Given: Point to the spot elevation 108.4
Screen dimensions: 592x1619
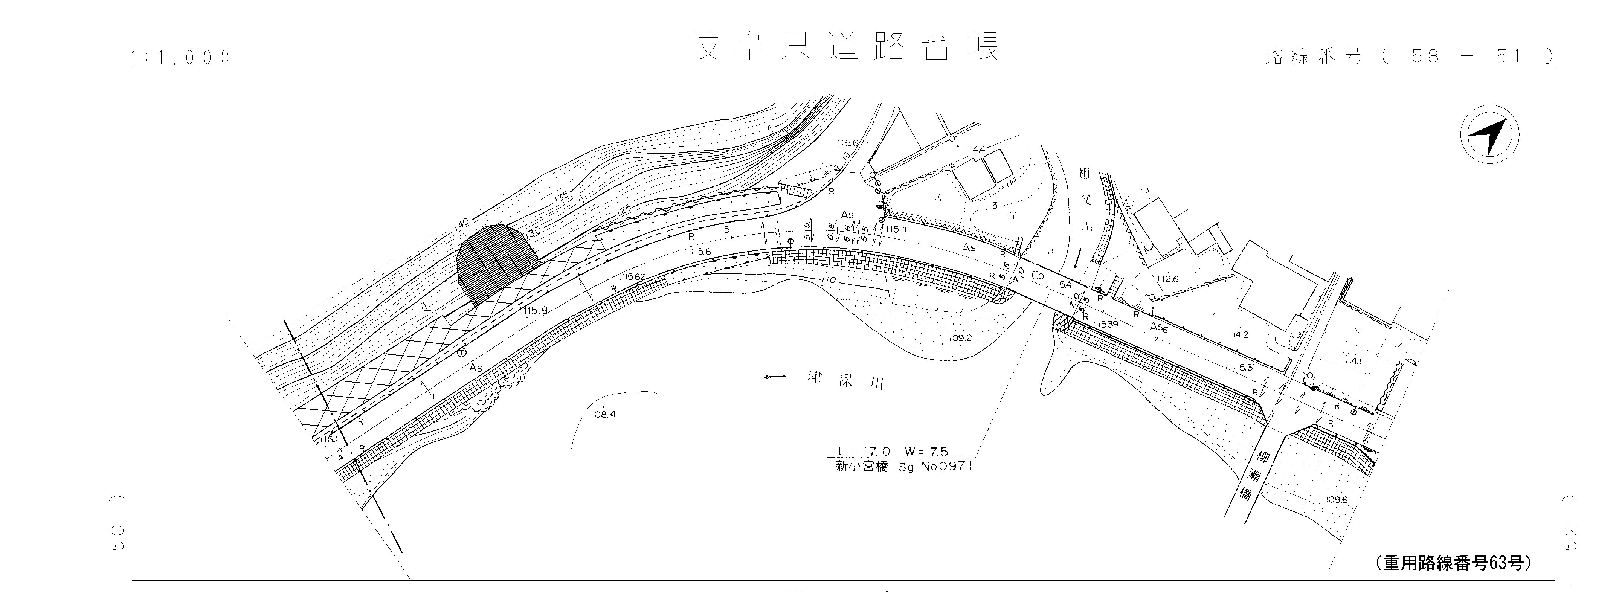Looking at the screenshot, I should click(x=603, y=415).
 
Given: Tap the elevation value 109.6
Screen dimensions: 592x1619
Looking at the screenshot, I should click(x=1337, y=500).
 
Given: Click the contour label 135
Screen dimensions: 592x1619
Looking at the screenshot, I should click(x=561, y=197).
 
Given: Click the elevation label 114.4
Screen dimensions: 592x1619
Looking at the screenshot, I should click(x=975, y=150).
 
